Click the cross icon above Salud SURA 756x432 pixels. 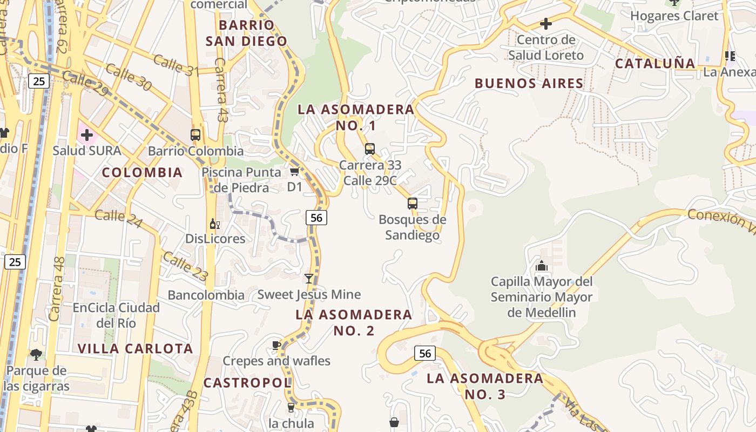tap(86, 134)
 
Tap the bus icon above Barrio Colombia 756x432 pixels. tap(195, 134)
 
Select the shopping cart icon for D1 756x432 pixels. tap(294, 172)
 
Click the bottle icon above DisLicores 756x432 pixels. tap(214, 224)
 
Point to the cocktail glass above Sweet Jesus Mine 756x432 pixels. tap(308, 279)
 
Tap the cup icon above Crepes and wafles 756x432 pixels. tap(276, 345)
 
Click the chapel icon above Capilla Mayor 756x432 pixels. tap(541, 266)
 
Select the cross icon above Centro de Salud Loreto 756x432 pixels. tap(546, 24)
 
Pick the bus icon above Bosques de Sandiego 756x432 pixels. tap(413, 204)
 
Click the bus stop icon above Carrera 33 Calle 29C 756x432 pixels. tap(370, 148)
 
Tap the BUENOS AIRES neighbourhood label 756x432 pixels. tap(529, 83)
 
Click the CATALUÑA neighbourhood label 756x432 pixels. tap(655, 63)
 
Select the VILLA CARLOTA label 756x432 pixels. tap(135, 348)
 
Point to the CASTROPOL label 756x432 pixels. tap(247, 383)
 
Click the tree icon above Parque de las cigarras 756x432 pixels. tap(36, 355)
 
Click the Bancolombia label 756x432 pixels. tap(206, 295)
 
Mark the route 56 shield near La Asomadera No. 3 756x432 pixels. tap(425, 353)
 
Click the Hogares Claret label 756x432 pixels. tap(674, 16)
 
